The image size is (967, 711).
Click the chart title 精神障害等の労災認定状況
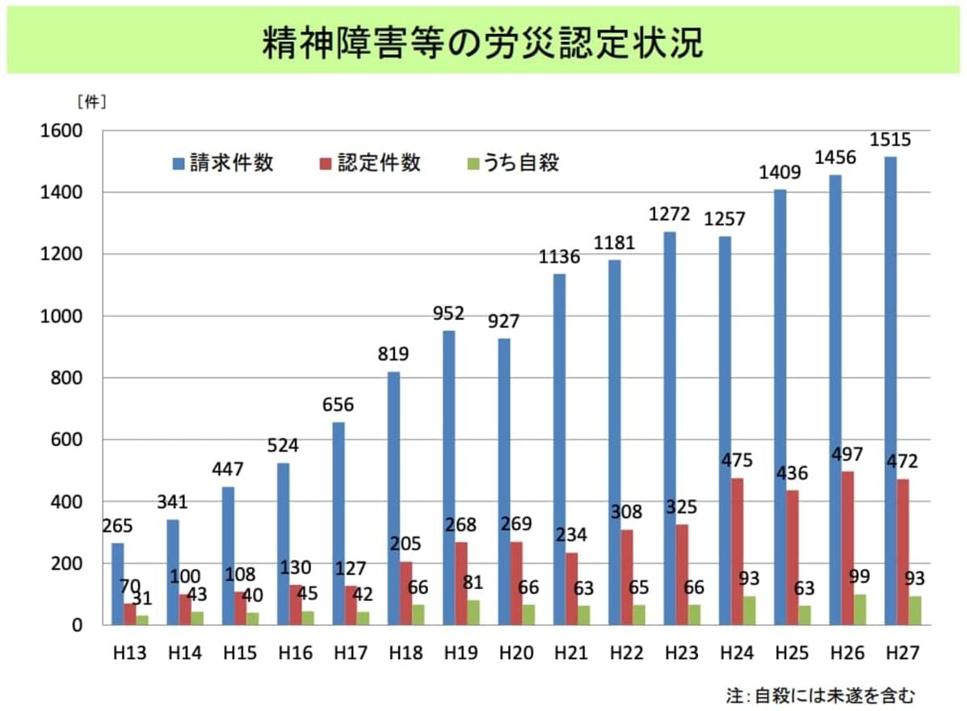(x=482, y=44)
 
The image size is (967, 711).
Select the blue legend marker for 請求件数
(x=179, y=163)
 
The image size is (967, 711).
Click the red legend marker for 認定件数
(x=325, y=163)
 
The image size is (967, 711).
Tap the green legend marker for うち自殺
(x=473, y=163)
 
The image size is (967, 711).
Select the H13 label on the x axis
(x=129, y=653)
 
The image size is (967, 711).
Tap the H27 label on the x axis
(x=903, y=653)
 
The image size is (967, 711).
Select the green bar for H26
(x=860, y=610)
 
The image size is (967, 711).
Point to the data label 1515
(x=890, y=141)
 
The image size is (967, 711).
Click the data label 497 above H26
(x=848, y=454)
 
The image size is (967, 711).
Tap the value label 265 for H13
(x=118, y=526)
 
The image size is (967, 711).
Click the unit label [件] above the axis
(x=91, y=103)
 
